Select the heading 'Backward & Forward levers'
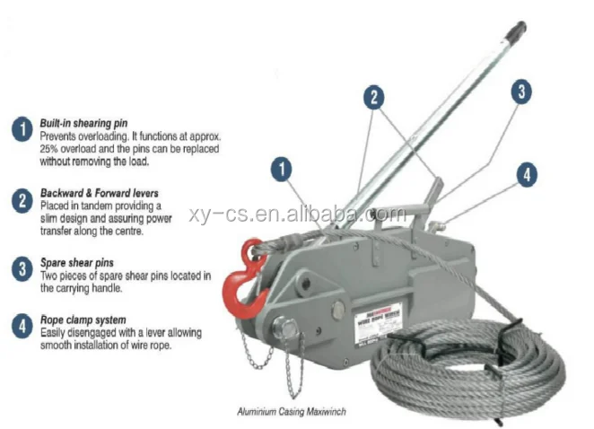click(x=99, y=193)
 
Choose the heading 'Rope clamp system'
click(x=83, y=319)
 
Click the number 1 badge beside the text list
click(x=21, y=129)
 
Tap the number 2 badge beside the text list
click(x=21, y=200)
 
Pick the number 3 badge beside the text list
click(x=21, y=267)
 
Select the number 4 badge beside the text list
click(x=21, y=325)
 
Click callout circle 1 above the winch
click(x=283, y=168)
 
